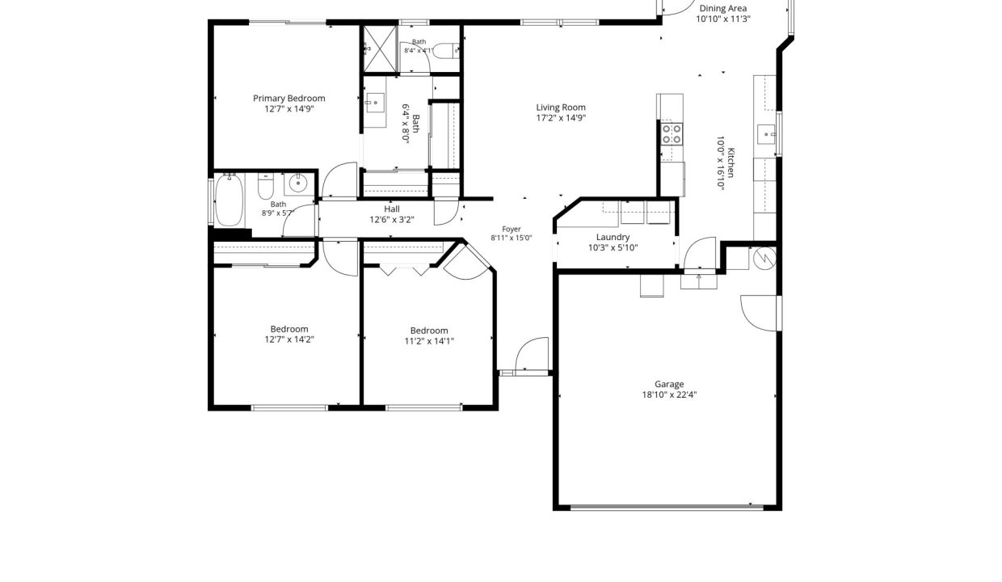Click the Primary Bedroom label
point(289,99)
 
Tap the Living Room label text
point(561,108)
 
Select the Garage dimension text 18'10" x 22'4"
point(669,394)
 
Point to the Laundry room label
point(613,237)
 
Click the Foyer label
point(512,229)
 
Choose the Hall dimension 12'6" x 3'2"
point(392,220)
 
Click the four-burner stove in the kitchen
point(672,134)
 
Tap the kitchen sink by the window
point(766,134)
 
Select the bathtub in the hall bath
point(229,200)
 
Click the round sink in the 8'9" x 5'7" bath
point(298,183)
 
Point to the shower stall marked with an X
point(379,48)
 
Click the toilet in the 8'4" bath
point(446,51)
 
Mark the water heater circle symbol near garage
point(765,258)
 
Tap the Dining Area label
point(723,8)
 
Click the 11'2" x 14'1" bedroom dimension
point(429,341)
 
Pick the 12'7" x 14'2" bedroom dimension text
point(289,339)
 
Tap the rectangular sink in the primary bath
point(374,103)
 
